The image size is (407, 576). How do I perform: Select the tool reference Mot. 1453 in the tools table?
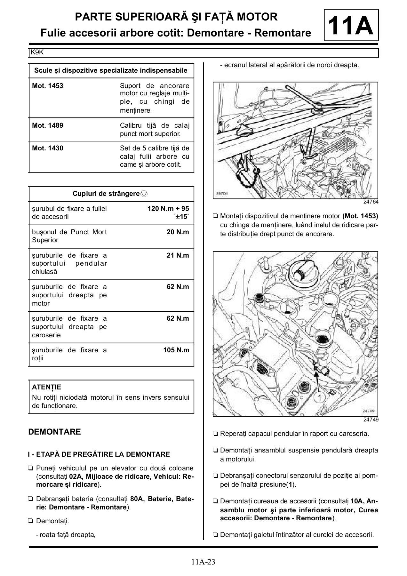[x=48, y=86]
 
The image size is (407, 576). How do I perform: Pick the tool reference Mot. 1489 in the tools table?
[x=48, y=125]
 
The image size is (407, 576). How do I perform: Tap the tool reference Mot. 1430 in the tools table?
[x=48, y=148]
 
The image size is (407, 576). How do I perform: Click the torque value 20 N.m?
[x=178, y=232]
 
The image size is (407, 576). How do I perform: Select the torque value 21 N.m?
[x=178, y=255]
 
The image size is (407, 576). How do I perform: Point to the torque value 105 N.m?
[x=176, y=350]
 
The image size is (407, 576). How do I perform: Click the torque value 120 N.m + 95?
[x=168, y=209]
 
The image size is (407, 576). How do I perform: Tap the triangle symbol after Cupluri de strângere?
[x=144, y=194]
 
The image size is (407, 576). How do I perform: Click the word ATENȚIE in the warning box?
[x=46, y=387]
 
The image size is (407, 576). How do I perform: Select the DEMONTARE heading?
[x=54, y=432]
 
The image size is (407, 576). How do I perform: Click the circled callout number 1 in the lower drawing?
[x=319, y=397]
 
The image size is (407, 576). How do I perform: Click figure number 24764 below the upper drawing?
[x=371, y=202]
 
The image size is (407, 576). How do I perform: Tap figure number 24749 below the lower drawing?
[x=371, y=420]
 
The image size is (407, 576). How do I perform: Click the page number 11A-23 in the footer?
[x=203, y=562]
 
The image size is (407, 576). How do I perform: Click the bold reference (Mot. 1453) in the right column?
[x=360, y=216]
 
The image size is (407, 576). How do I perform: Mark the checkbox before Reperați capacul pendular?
[x=215, y=434]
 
